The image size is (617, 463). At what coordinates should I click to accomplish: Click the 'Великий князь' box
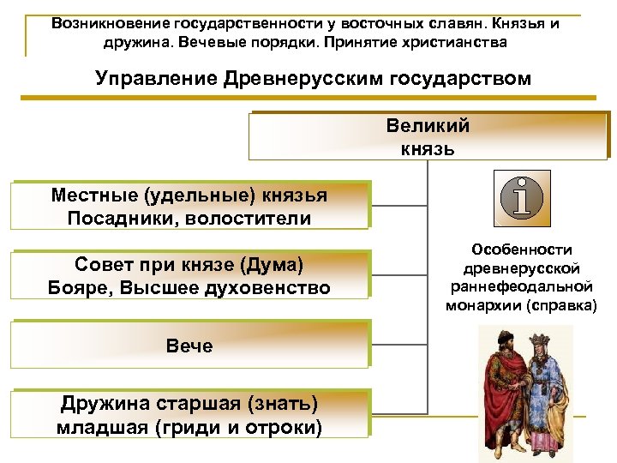pos(427,137)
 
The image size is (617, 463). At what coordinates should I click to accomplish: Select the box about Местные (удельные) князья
pos(189,206)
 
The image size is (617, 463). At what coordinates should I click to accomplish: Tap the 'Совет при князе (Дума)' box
pos(189,275)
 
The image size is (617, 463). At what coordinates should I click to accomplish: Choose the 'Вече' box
pos(189,346)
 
